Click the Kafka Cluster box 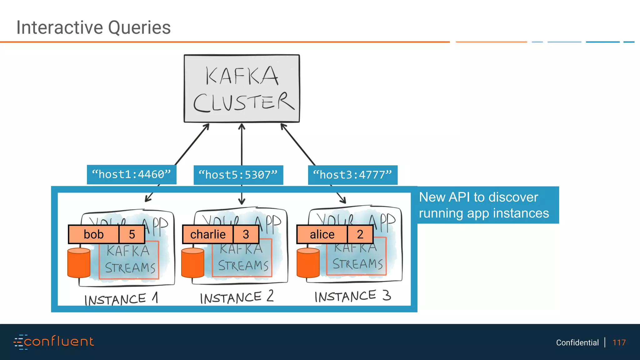tap(242, 88)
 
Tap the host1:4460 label tap(132, 174)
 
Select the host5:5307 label tap(238, 175)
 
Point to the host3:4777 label tap(352, 175)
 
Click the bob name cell tap(94, 234)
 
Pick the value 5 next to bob tap(132, 234)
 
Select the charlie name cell tap(208, 234)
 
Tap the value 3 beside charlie tap(246, 234)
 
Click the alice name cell tap(322, 234)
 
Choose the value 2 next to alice tap(360, 234)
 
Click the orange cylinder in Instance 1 tap(79, 263)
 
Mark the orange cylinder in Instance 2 tap(192, 263)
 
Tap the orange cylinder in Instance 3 tap(308, 263)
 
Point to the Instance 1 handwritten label tap(121, 299)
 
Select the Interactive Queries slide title tap(93, 27)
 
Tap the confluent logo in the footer tap(54, 342)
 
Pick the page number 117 tap(619, 342)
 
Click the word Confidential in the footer tap(577, 342)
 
